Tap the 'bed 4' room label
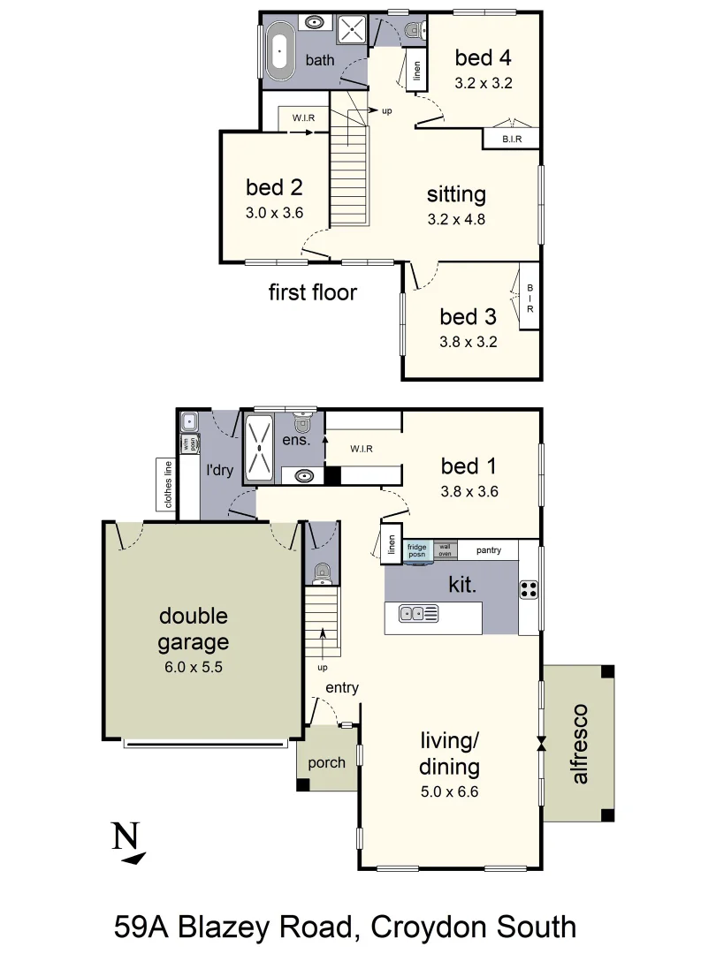483,58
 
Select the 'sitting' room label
456,193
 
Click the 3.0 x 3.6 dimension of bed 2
274,213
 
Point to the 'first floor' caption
313,292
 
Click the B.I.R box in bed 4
510,139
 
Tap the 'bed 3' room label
468,316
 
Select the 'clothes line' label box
167,484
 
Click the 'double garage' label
194,629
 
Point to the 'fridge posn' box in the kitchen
416,549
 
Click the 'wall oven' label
444,549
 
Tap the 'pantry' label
488,550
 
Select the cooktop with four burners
529,589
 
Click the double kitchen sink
418,613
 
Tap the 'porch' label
326,762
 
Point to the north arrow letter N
126,835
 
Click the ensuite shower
260,447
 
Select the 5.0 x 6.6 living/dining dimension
449,792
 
